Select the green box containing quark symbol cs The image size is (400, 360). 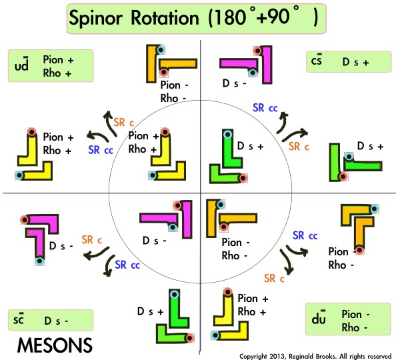click(349, 62)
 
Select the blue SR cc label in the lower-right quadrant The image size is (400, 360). click(305, 235)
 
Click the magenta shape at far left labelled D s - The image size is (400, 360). click(39, 230)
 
